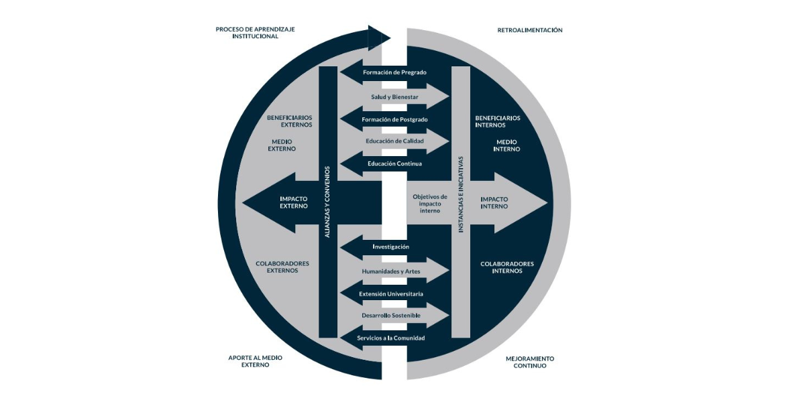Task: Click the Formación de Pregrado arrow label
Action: (394, 72)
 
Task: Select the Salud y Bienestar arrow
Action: (394, 96)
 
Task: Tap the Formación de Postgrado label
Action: (394, 119)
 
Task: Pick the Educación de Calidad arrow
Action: (394, 141)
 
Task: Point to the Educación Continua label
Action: (394, 163)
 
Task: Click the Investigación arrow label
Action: (390, 247)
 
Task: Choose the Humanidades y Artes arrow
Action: (391, 271)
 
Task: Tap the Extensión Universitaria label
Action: (391, 293)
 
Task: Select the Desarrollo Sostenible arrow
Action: (391, 315)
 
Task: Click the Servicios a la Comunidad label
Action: (391, 338)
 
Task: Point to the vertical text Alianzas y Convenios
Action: (327, 201)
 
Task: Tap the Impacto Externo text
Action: (293, 202)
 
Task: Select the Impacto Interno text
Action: (494, 202)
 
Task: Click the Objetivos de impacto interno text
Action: (430, 204)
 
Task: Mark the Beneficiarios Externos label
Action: (289, 121)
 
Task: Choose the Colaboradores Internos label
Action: (507, 267)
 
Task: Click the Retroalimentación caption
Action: (530, 30)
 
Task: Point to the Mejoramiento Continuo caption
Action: (530, 362)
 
